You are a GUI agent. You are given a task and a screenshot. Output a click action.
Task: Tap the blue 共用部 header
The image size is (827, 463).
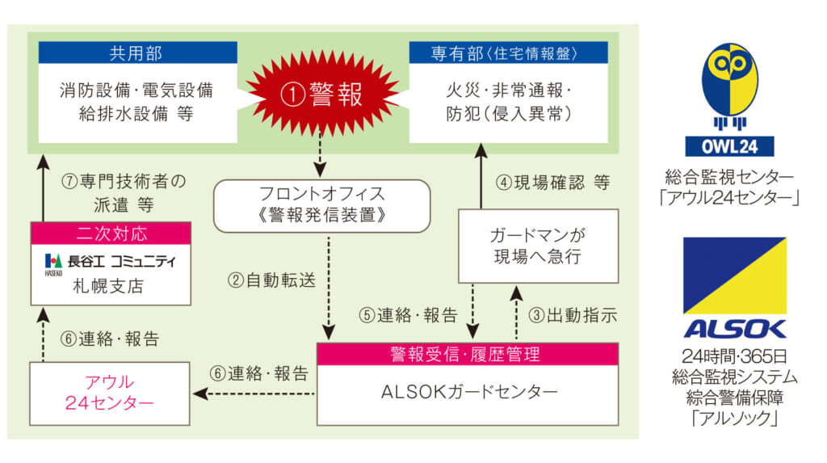[136, 53]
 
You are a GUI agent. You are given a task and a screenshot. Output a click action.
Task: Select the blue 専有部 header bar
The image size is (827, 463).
[508, 53]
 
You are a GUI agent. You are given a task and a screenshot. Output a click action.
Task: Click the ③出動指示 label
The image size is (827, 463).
[576, 315]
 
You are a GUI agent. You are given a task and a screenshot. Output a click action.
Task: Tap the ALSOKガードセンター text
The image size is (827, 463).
[468, 393]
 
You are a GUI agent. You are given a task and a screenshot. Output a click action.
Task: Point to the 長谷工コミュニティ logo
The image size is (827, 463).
[110, 261]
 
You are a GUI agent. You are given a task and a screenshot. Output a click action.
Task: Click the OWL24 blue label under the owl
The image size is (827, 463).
[729, 146]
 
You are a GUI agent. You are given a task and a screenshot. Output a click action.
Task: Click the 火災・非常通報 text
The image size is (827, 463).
[508, 90]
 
